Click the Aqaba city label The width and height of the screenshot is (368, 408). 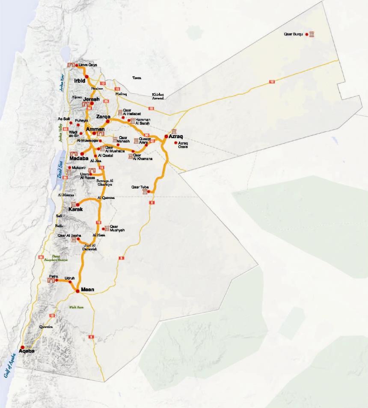(26, 351)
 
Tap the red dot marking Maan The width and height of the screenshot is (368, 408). (77, 291)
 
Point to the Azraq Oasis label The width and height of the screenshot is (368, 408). (183, 145)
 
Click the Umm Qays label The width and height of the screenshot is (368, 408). (88, 65)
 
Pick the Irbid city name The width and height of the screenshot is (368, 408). (80, 81)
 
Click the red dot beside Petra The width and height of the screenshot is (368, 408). (56, 281)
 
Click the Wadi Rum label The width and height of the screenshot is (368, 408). (76, 307)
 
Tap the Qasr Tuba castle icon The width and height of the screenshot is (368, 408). (145, 192)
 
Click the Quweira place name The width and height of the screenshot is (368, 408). (46, 326)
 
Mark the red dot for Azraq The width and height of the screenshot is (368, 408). (166, 136)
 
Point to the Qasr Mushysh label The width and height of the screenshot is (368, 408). (117, 228)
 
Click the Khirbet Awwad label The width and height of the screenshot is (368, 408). (158, 96)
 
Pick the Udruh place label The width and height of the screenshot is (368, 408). (69, 278)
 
